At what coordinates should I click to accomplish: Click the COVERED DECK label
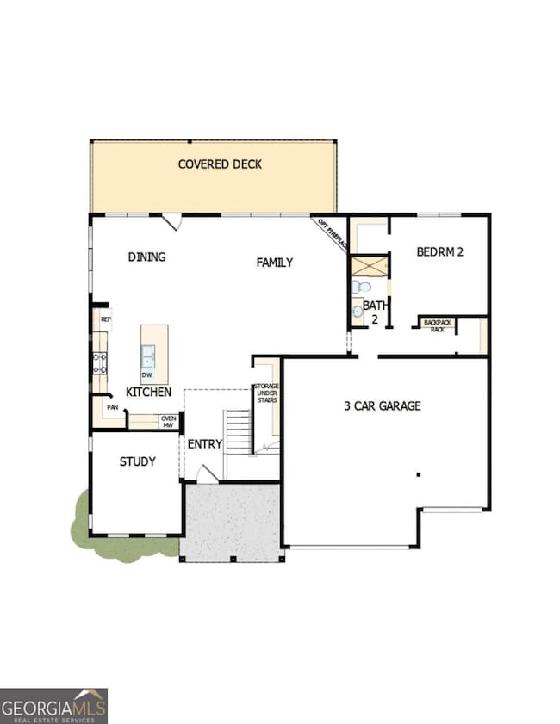coord(220,164)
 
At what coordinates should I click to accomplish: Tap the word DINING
coord(146,257)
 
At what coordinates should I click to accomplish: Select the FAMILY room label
coord(275,263)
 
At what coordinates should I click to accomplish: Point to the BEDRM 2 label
coord(440,252)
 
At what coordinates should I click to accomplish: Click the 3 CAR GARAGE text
coord(383,405)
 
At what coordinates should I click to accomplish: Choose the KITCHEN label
coord(148,392)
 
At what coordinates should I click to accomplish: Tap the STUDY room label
coord(137,461)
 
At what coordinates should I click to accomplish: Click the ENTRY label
coord(205,444)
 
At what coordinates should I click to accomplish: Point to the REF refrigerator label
coord(105,319)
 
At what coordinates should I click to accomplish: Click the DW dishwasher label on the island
coord(146,375)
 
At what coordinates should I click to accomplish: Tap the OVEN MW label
coord(168,422)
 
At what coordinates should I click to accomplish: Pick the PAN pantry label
coord(112,407)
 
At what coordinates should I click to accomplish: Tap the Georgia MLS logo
coord(53,705)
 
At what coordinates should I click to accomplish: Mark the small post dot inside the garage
coord(418,473)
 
